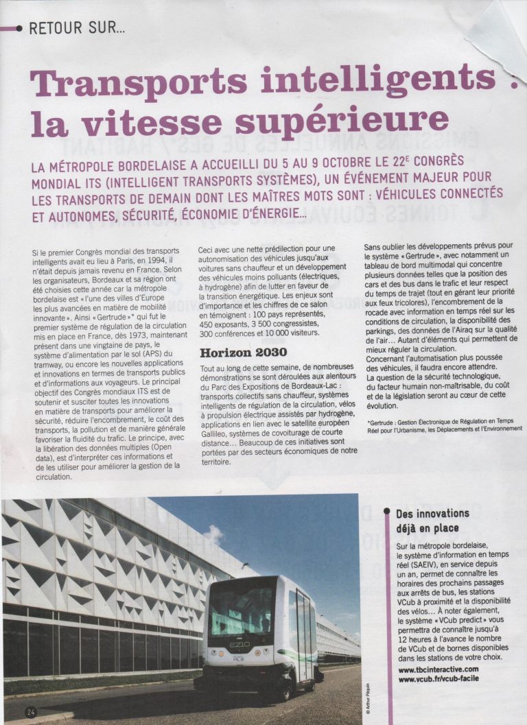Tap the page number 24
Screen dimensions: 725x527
30,711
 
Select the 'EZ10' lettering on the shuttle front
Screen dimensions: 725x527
239,645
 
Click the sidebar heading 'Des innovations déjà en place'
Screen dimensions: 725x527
433,521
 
